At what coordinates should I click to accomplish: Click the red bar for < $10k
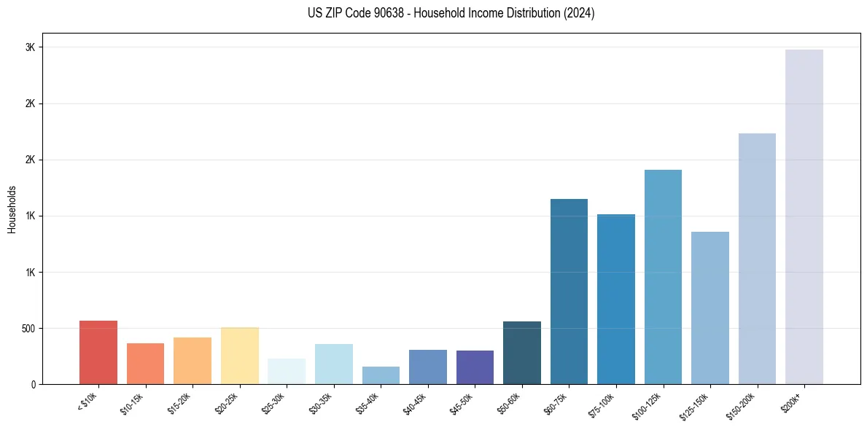98,352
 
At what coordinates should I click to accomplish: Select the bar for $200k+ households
804,216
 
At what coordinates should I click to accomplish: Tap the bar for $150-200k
757,259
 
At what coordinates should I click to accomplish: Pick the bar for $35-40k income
381,375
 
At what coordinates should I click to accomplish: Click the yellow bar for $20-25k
239,356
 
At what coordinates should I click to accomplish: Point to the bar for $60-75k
569,292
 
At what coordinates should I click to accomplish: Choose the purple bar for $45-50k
475,367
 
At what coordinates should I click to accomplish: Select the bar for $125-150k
709,308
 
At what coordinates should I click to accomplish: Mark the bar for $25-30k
287,371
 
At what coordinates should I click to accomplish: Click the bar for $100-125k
663,277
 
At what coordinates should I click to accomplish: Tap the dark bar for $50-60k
522,353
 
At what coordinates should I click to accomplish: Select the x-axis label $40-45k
416,402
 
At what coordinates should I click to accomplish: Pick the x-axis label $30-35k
322,402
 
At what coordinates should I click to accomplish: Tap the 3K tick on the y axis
30,47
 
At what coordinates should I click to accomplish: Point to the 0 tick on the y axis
33,384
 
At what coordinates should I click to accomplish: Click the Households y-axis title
12,209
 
